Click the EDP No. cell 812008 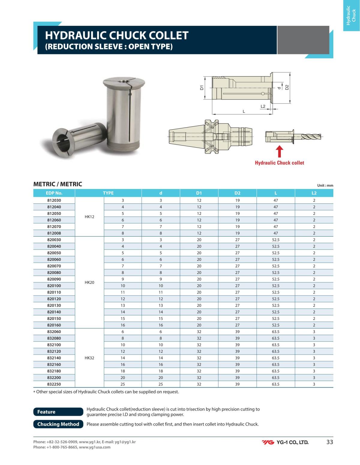tap(54, 233)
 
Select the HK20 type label tap(89, 282)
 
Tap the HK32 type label tap(89, 358)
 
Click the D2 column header tap(237, 193)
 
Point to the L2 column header tap(314, 193)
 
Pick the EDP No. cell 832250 tap(54, 384)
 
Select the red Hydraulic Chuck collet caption tap(279, 163)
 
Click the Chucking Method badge tap(58, 424)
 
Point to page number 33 tap(329, 442)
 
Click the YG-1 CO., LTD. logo tap(285, 442)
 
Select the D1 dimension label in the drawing tap(202, 88)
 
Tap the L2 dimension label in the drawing tap(263, 106)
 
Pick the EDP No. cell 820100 tap(54, 286)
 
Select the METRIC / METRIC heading tap(58, 184)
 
